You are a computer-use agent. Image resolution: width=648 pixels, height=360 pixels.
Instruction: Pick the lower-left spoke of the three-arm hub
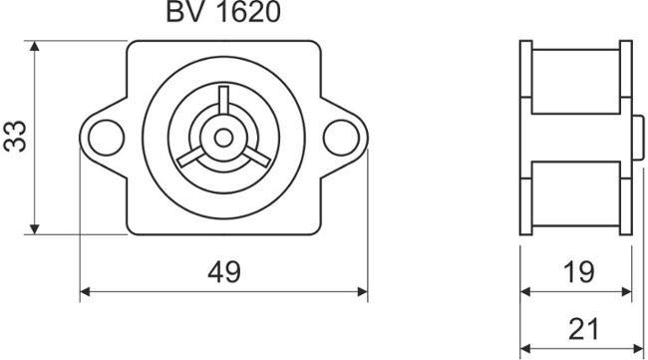point(194,154)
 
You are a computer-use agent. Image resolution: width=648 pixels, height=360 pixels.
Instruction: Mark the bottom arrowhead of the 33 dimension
point(35,228)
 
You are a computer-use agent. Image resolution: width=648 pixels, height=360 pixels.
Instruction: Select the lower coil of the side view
point(576,195)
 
